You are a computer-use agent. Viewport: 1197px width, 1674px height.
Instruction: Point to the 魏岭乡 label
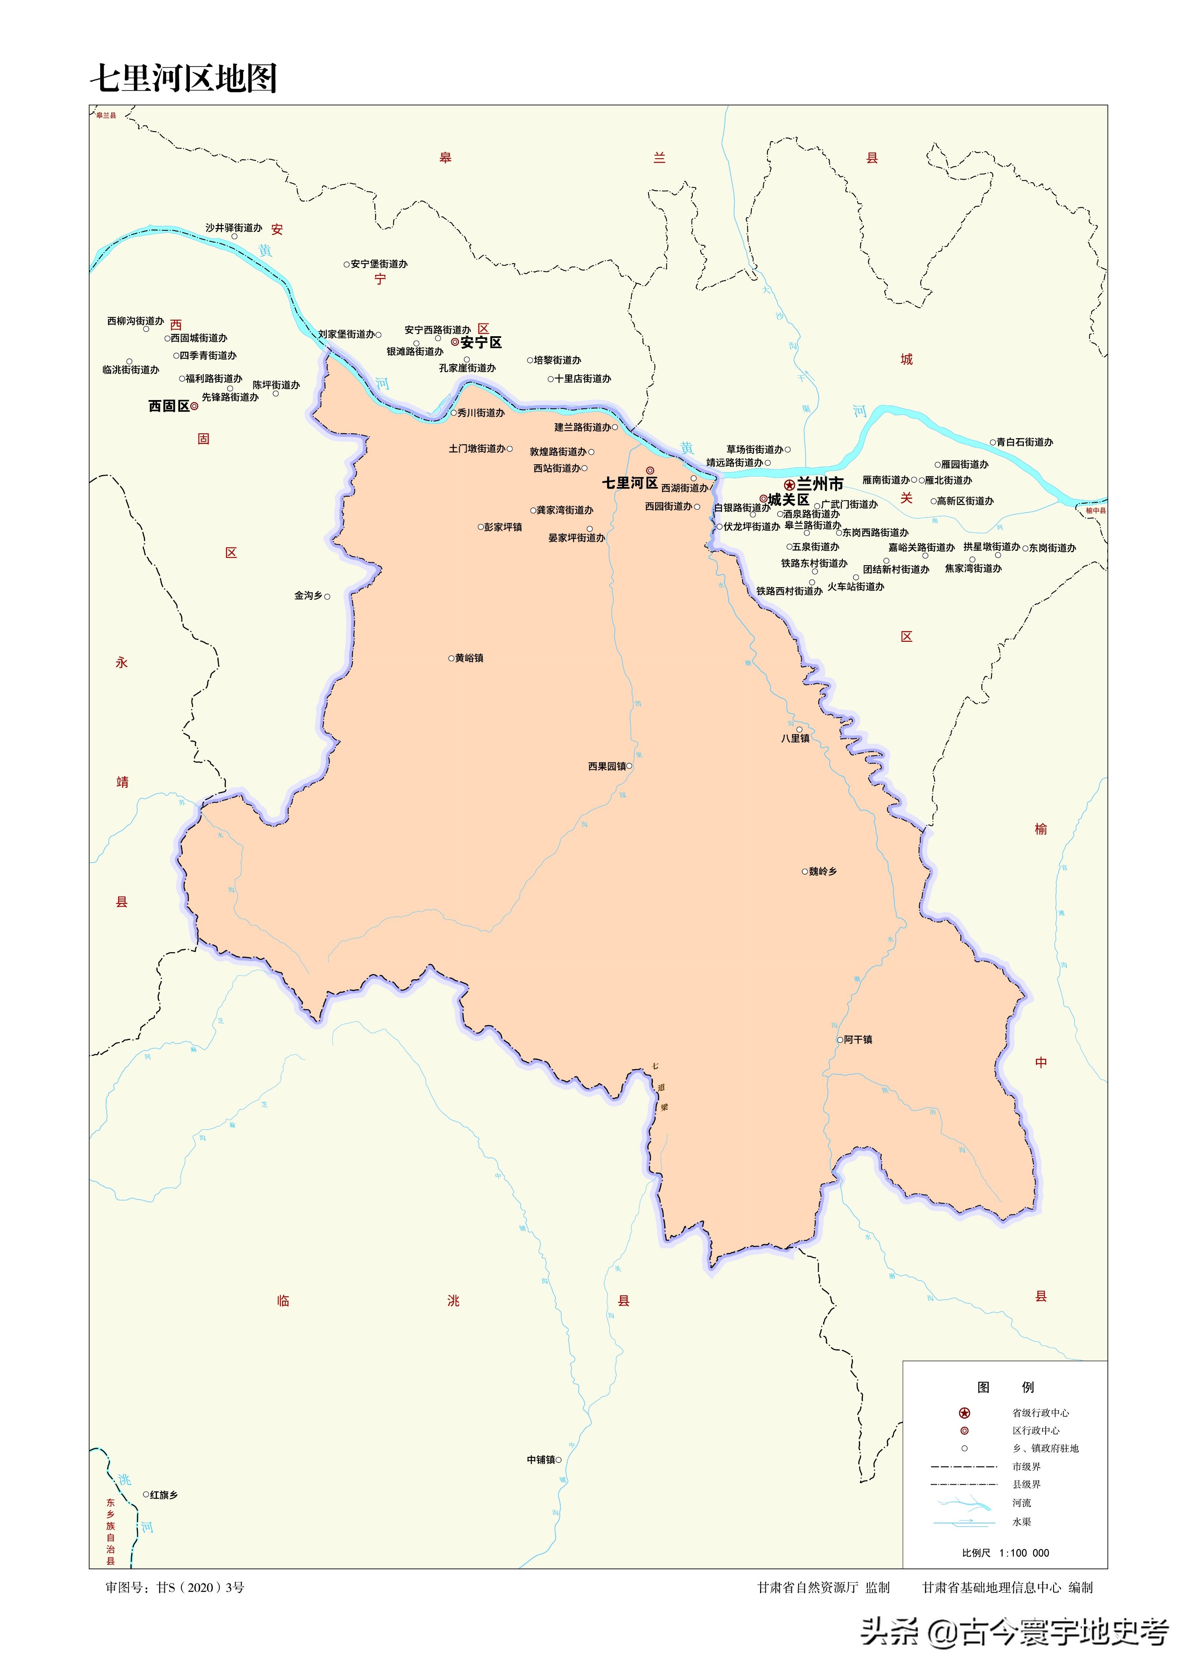(823, 872)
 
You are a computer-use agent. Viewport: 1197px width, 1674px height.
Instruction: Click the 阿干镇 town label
(858, 1040)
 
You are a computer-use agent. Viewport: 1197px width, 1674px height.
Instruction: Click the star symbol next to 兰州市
(789, 485)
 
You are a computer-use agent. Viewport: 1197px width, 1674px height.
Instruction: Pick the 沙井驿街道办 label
(234, 228)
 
